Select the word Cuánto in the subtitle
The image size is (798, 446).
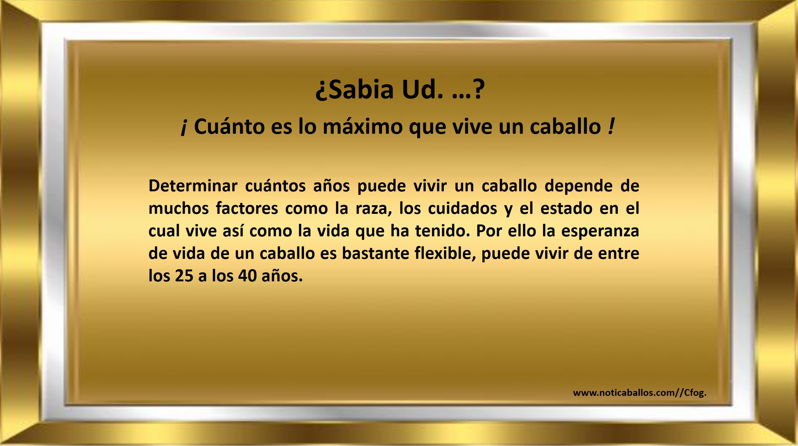(x=229, y=126)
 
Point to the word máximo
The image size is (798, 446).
(x=362, y=126)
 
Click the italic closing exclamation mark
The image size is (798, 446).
(x=611, y=126)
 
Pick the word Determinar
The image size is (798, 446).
(x=193, y=186)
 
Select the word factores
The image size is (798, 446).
(x=247, y=208)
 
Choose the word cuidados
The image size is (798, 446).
(x=463, y=208)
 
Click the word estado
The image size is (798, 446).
(x=566, y=208)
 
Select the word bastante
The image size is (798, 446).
(x=375, y=253)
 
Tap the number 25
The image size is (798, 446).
(x=184, y=276)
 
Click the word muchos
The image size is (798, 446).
(x=179, y=208)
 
